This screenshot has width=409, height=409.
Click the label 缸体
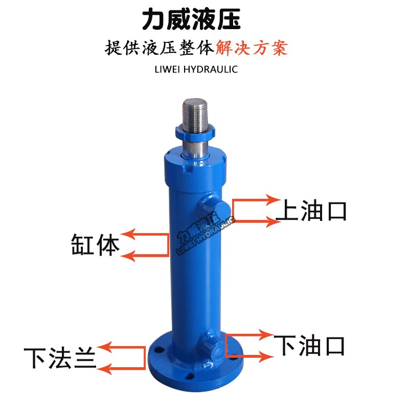coord(95,245)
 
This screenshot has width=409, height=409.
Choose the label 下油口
coord(309,346)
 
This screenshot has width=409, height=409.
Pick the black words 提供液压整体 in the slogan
coord(160,48)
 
